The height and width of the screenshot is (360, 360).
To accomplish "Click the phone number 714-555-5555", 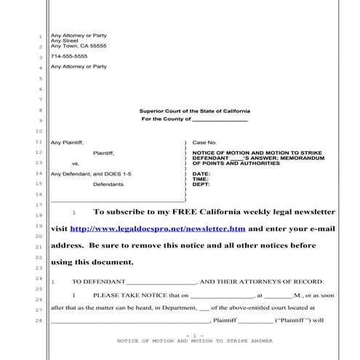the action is pyautogui.click(x=69, y=56).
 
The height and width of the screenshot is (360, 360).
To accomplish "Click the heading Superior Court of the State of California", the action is pyautogui.click(x=194, y=111).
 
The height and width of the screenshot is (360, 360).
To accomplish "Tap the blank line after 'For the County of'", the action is pyautogui.click(x=220, y=119).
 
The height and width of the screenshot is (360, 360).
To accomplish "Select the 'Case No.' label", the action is pyautogui.click(x=204, y=143).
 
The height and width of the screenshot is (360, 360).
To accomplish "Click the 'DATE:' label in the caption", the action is pyautogui.click(x=201, y=174).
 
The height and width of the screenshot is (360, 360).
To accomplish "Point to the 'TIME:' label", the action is pyautogui.click(x=201, y=179).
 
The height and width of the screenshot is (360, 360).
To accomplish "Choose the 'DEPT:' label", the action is pyautogui.click(x=201, y=185).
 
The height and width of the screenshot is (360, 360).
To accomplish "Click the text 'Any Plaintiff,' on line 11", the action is pyautogui.click(x=67, y=143).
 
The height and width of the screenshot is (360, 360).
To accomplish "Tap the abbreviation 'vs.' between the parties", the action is pyautogui.click(x=75, y=164).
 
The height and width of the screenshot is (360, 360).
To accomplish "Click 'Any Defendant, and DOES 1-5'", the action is pyautogui.click(x=81, y=174).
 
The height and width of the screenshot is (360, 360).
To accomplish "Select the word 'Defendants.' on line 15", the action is pyautogui.click(x=109, y=185).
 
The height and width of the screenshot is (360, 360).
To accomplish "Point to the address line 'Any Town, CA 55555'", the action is pyautogui.click(x=79, y=46).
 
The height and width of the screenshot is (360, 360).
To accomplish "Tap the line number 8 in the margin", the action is pyautogui.click(x=41, y=111).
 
